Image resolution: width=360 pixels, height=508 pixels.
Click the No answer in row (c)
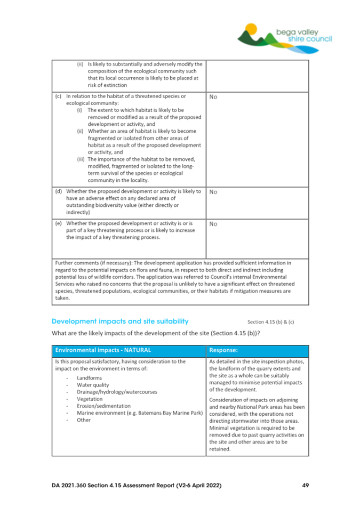click(213, 97)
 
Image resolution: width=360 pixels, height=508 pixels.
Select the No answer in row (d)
click(213, 190)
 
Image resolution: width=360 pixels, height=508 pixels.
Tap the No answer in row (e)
click(213, 224)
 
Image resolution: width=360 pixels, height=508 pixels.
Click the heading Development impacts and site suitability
click(120, 321)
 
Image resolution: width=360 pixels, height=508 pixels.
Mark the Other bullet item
click(84, 420)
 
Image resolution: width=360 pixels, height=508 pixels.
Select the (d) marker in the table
click(58, 190)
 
